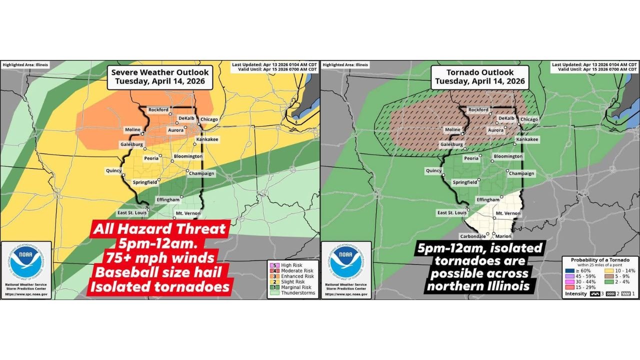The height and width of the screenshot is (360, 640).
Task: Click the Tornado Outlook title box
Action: (479, 76)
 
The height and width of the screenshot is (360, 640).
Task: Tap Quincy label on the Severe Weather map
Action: (113, 170)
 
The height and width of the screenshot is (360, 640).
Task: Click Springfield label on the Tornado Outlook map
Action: (464, 182)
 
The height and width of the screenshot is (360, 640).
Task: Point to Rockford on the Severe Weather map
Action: (158, 109)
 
